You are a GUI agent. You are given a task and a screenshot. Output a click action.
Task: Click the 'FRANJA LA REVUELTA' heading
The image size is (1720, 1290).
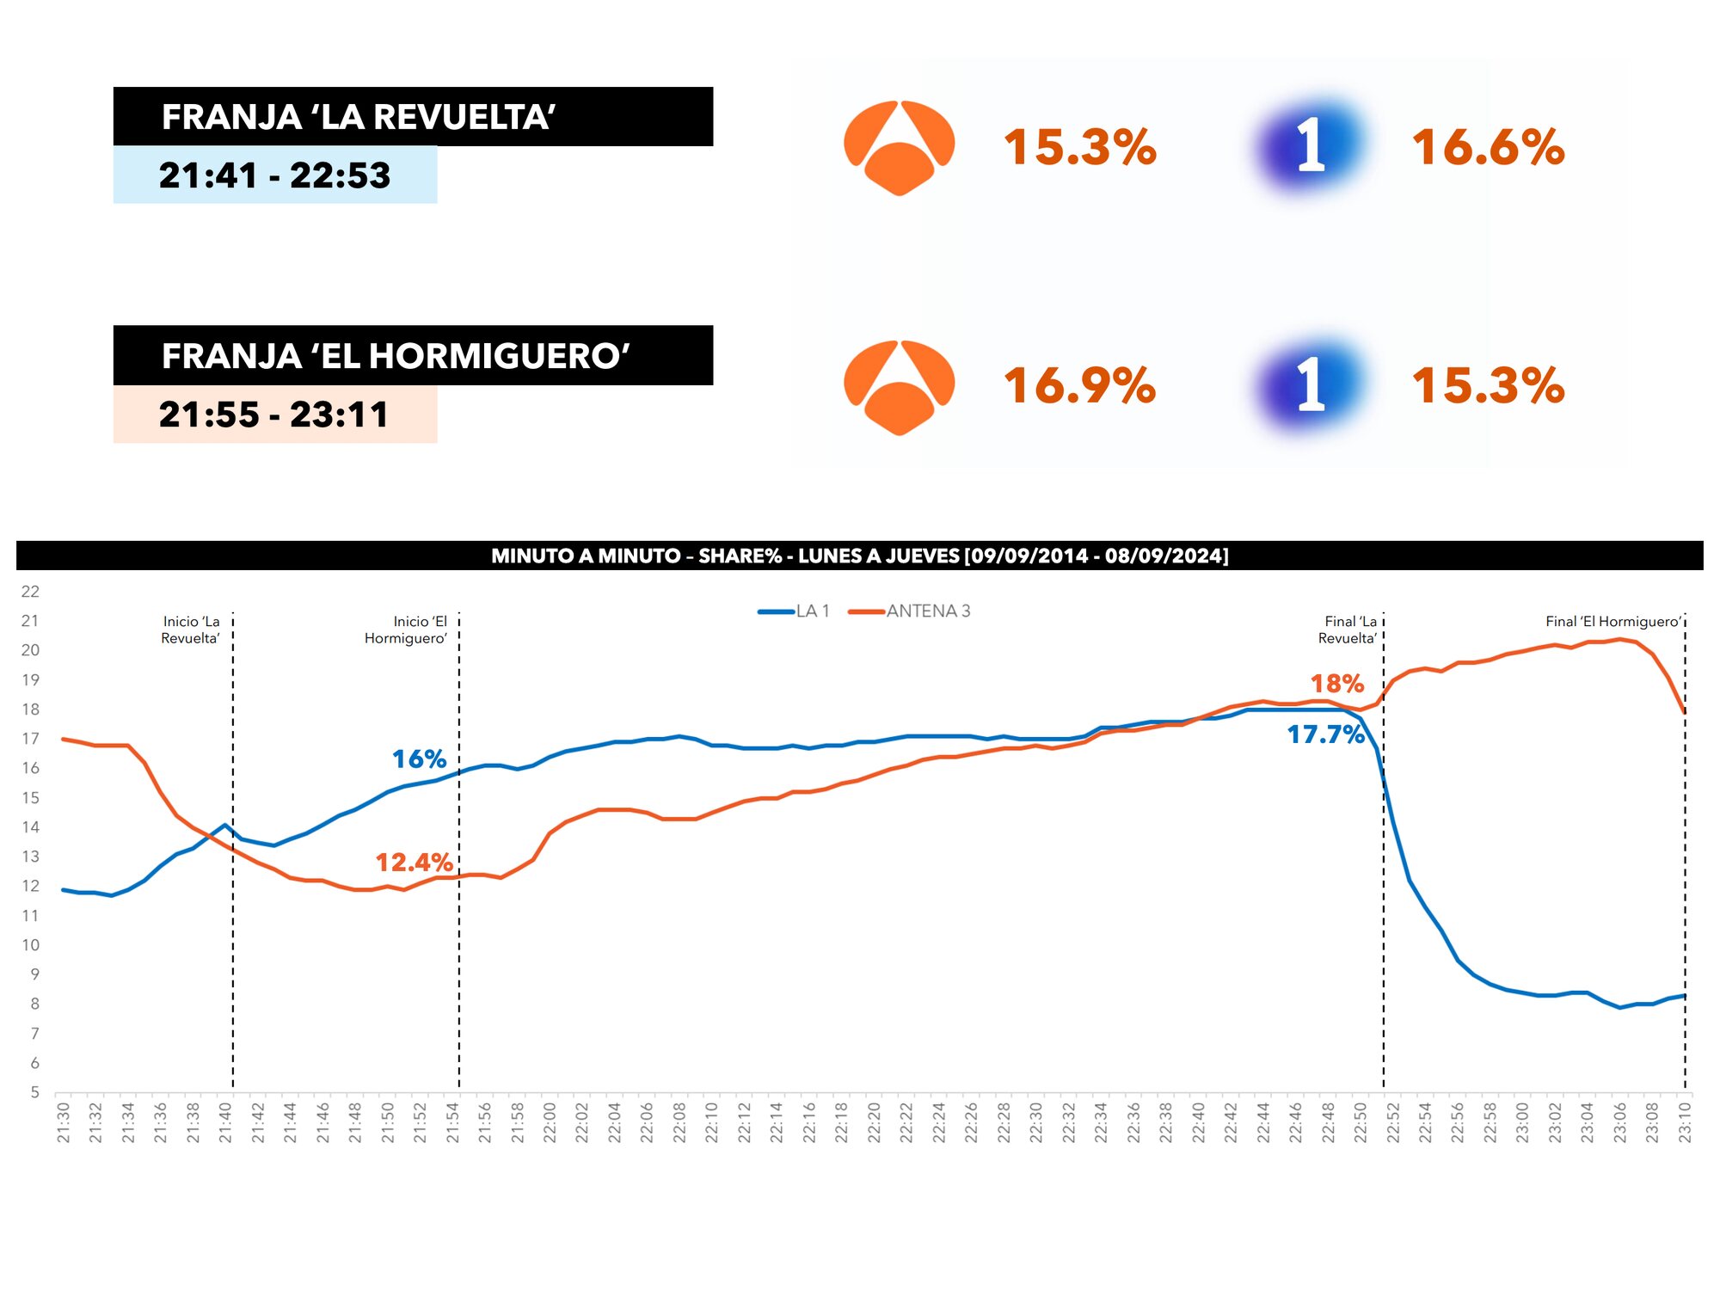pos(359,117)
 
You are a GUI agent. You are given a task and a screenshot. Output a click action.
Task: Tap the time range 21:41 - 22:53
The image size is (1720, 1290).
pos(274,175)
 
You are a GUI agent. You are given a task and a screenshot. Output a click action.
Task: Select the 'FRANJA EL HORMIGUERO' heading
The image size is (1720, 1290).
pos(396,356)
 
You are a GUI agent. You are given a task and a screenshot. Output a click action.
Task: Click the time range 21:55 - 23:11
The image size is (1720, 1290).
pos(273,415)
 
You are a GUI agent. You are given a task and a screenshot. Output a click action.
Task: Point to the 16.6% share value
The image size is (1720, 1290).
pos(1488,147)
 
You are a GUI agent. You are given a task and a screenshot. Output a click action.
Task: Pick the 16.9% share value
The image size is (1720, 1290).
pos(1079,385)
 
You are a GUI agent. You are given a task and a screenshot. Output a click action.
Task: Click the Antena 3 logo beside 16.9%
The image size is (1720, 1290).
pos(899,387)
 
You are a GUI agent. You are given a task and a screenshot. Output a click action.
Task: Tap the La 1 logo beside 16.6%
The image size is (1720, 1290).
pos(1309,144)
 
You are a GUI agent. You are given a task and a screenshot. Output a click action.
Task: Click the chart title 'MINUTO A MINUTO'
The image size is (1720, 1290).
pos(859,556)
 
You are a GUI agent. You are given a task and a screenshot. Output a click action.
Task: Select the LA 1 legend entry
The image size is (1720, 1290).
pos(795,611)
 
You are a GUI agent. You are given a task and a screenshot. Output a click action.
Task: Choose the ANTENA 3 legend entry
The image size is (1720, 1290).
pos(911,611)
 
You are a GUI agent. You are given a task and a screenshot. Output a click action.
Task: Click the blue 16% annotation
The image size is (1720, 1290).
pos(419,759)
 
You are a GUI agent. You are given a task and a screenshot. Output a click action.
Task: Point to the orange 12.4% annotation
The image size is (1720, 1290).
pos(414,863)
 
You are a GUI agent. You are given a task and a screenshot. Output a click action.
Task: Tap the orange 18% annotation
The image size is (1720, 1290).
pos(1336,684)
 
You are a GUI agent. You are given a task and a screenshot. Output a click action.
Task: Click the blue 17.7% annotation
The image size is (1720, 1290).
pos(1325,734)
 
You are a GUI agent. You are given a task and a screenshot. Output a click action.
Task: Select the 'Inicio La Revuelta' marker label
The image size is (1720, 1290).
pos(191,630)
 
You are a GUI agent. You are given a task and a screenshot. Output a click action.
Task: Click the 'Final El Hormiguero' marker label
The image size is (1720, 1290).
pos(1612,622)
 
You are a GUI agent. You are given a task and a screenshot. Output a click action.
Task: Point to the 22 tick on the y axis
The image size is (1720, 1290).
pos(30,592)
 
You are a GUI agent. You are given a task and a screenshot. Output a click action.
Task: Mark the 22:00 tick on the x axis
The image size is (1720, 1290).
pos(550,1122)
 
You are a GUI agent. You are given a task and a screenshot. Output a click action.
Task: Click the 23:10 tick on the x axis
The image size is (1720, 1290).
pos(1685,1122)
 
